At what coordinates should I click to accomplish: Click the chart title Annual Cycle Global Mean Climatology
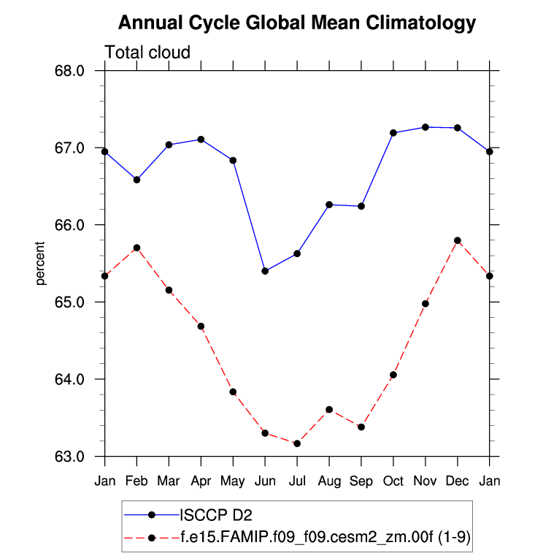coord(296,23)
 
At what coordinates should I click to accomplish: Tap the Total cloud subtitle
coord(147,53)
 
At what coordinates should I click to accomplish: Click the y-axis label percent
coord(41,264)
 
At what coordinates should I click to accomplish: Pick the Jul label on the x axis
coord(297,481)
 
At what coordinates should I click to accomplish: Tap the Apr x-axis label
coord(201,481)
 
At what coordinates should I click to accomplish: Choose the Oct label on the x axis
coord(393,481)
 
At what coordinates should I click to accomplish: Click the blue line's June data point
coord(265,271)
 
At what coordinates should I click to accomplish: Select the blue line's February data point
coord(136,179)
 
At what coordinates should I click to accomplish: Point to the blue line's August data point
coord(329,205)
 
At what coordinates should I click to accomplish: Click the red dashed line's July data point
coord(297,443)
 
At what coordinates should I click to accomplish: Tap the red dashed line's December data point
coord(458,240)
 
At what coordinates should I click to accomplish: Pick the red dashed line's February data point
coord(136,248)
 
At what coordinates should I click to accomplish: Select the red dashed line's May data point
coord(233,392)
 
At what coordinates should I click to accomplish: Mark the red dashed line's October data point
coord(393,375)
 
